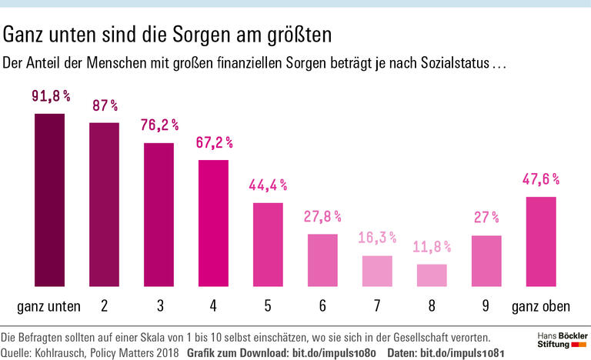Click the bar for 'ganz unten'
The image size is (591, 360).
(x=49, y=199)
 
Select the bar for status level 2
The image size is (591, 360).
(x=104, y=204)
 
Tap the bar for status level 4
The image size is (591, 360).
(x=213, y=222)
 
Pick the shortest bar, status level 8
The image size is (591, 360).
(x=432, y=275)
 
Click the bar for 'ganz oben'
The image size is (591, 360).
(x=541, y=241)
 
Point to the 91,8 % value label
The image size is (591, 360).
(x=51, y=97)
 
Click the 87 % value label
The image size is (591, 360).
(x=104, y=105)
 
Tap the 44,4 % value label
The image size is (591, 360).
(x=268, y=185)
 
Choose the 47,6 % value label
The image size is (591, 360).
(x=541, y=179)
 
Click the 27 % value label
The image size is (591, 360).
(x=486, y=218)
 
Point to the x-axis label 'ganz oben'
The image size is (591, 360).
(x=541, y=306)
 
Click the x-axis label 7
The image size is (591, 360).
(x=377, y=306)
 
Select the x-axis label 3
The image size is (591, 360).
(x=159, y=306)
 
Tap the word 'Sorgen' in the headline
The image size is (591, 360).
(x=196, y=35)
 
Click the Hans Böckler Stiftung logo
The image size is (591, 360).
(x=559, y=342)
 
